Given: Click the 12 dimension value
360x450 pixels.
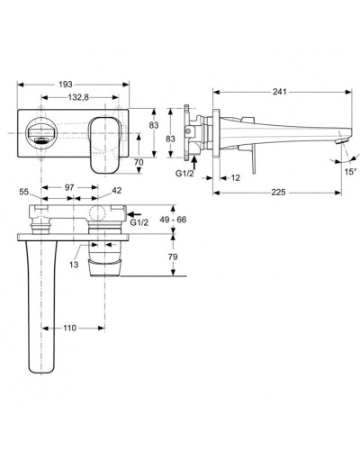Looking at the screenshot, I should (234, 177).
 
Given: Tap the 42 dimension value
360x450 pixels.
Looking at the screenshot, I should (117, 192).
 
